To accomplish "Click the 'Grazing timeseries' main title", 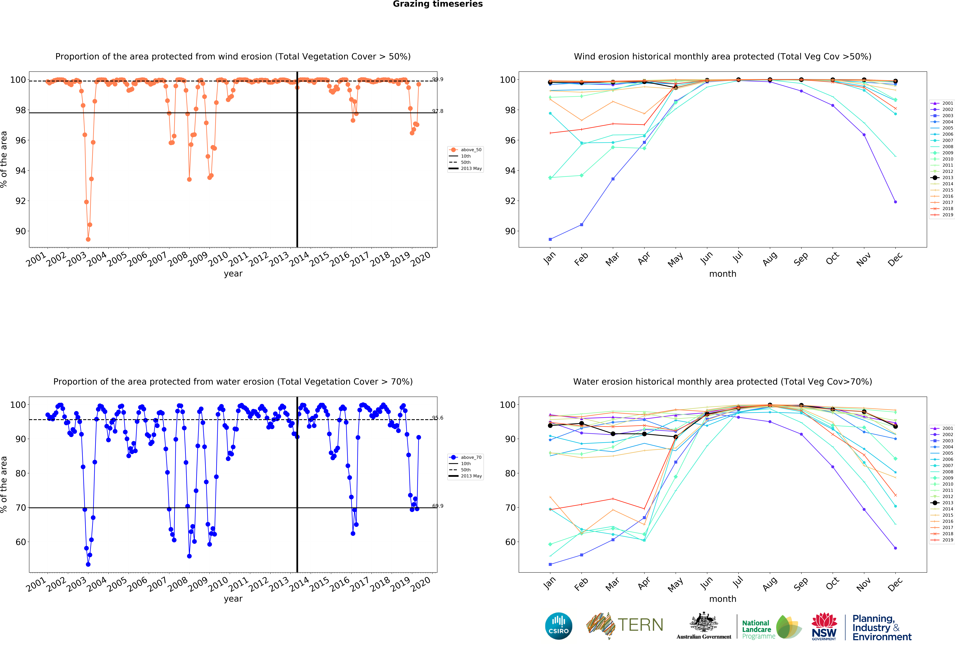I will coord(438,4).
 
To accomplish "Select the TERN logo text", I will coord(640,625).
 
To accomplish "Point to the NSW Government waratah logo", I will coord(824,626).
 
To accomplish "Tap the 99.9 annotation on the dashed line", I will coord(438,79).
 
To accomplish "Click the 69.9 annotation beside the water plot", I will coord(438,506).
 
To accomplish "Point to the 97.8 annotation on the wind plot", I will coord(438,111).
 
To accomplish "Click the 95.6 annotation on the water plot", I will coord(438,418).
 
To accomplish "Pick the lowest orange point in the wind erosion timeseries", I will coord(88,239).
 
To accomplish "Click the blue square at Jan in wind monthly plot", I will coord(550,239).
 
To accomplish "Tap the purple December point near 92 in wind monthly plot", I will coord(895,202).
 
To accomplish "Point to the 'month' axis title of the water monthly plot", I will coord(722,599).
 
